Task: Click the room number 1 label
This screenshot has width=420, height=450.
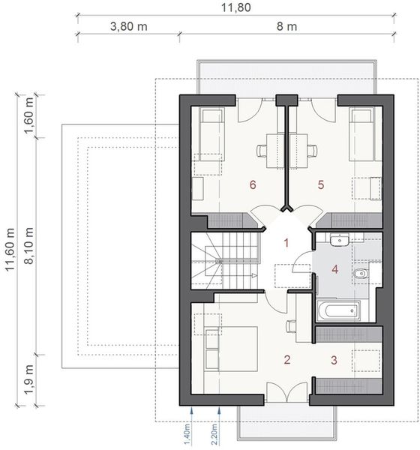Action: tap(286, 242)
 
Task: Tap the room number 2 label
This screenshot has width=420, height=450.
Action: tap(286, 359)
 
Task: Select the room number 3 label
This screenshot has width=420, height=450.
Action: tap(334, 359)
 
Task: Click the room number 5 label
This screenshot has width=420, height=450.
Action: tap(320, 184)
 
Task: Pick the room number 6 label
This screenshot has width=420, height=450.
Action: tap(253, 184)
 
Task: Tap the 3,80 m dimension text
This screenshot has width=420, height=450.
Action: tap(127, 26)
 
